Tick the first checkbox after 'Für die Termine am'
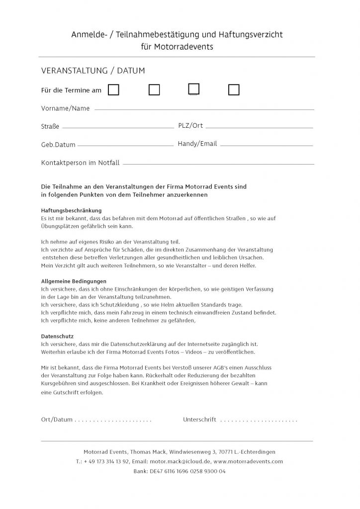(x=114, y=90)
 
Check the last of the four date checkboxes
(x=234, y=90)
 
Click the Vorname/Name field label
(x=65, y=108)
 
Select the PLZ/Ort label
(x=190, y=125)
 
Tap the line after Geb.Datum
(x=125, y=145)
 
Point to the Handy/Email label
(x=197, y=144)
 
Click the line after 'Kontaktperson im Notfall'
(x=219, y=164)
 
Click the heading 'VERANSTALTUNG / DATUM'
(x=93, y=71)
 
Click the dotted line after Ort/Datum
(x=113, y=421)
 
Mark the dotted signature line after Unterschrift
(x=259, y=421)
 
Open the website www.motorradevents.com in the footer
(x=248, y=461)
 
